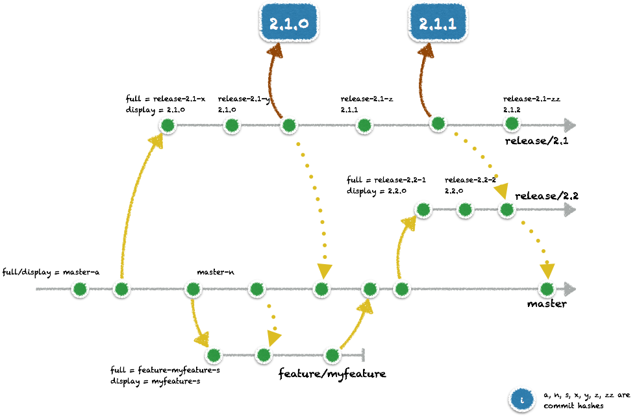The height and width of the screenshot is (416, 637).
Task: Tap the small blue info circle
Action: (x=521, y=399)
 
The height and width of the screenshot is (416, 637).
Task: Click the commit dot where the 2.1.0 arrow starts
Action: (x=289, y=125)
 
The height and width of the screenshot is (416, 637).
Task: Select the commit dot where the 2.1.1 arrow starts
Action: (x=438, y=123)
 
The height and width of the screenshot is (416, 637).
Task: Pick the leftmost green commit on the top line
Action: (x=168, y=125)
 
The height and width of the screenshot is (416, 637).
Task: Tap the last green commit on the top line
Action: (x=512, y=123)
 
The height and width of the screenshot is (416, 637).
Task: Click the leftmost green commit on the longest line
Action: (x=79, y=289)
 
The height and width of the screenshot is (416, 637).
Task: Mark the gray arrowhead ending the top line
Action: (x=570, y=125)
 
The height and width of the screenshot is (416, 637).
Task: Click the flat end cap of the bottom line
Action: (x=362, y=355)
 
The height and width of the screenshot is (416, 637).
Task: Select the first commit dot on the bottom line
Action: (x=214, y=355)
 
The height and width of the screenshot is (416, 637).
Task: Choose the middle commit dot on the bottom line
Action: (x=264, y=354)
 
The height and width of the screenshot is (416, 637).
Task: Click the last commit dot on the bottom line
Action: (x=332, y=355)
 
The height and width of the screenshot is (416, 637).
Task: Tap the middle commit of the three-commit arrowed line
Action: (x=465, y=209)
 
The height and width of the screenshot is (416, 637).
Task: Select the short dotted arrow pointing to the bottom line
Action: (x=273, y=321)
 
